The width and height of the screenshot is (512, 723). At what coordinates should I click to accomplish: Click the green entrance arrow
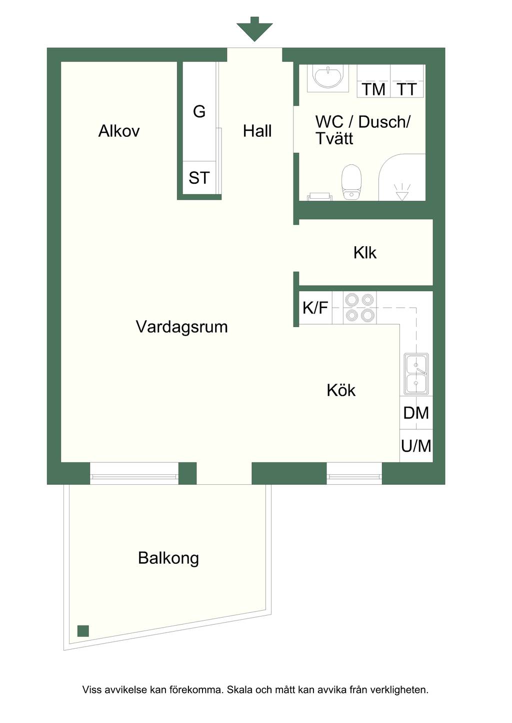[x=254, y=29]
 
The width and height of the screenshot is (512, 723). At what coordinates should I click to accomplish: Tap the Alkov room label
[x=119, y=131]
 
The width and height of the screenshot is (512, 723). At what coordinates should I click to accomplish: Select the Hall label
[x=257, y=131]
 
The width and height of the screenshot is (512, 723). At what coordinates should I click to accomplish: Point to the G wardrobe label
[x=199, y=112]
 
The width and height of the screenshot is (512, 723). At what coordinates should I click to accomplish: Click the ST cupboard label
[x=199, y=178]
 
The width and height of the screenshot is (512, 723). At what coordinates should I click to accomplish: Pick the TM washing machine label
[x=373, y=89]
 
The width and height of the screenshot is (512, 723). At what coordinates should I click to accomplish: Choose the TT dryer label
[x=406, y=89]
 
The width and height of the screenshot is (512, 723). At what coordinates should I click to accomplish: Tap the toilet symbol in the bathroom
[x=351, y=182]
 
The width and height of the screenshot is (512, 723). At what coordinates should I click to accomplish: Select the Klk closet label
[x=365, y=253]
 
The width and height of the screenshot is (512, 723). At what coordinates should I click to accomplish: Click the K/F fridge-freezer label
[x=315, y=307]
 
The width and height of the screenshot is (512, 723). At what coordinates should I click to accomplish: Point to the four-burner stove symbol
[x=359, y=307]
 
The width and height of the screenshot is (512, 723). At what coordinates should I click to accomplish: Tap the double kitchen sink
[x=416, y=374]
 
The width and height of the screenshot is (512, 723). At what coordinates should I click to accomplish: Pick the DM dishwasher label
[x=416, y=413]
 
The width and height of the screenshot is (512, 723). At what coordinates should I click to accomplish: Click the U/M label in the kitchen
[x=416, y=446]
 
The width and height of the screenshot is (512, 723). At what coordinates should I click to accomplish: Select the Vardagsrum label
[x=181, y=327]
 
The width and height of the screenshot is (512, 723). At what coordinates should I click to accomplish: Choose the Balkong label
[x=168, y=558]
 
